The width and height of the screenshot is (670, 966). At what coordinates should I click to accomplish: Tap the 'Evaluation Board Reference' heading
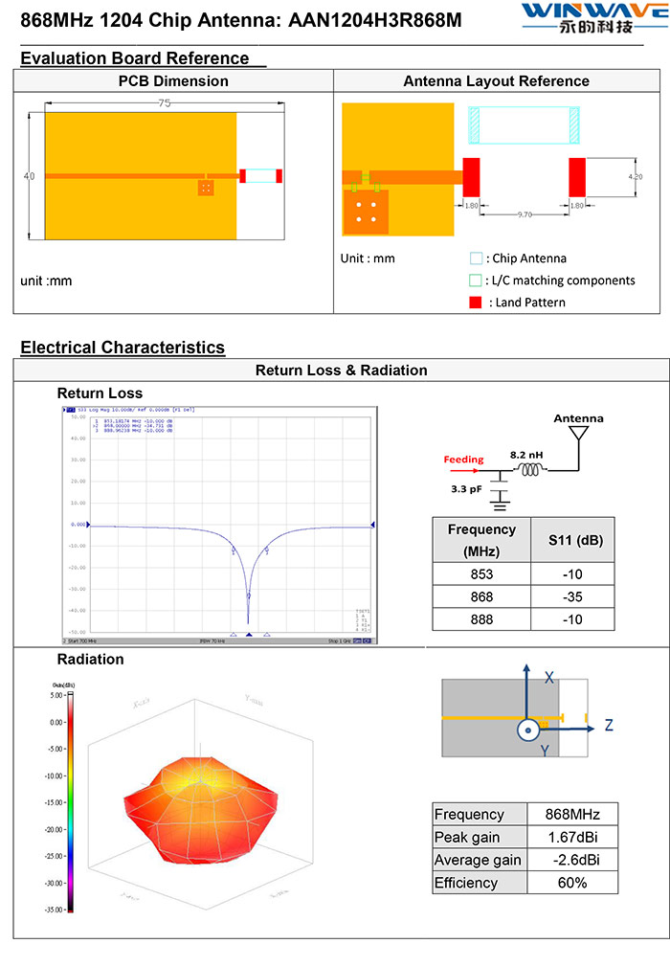click(135, 58)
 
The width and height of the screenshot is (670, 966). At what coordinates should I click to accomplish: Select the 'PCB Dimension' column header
click(173, 81)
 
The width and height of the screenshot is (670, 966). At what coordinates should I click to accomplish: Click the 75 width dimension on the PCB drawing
click(165, 103)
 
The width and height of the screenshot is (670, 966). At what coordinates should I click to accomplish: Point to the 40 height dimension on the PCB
click(29, 176)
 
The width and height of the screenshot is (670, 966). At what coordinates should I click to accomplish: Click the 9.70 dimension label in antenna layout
click(525, 215)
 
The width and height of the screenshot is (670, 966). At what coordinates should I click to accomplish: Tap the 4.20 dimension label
click(636, 177)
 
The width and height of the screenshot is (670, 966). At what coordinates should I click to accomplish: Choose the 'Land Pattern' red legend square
click(476, 303)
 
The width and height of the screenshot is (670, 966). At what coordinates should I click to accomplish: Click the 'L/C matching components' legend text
click(563, 281)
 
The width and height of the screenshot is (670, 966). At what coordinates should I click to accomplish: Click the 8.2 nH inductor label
click(527, 455)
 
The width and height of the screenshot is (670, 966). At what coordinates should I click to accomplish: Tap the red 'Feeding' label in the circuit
click(463, 460)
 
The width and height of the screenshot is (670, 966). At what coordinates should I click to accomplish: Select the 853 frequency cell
click(481, 574)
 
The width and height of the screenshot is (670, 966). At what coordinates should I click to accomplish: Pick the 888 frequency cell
click(481, 619)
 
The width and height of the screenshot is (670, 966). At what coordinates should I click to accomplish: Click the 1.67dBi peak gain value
click(572, 838)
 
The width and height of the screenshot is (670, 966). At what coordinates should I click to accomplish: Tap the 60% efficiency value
click(572, 882)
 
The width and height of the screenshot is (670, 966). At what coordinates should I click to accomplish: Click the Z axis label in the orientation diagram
click(608, 726)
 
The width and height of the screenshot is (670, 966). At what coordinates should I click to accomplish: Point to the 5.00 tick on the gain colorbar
click(54, 695)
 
